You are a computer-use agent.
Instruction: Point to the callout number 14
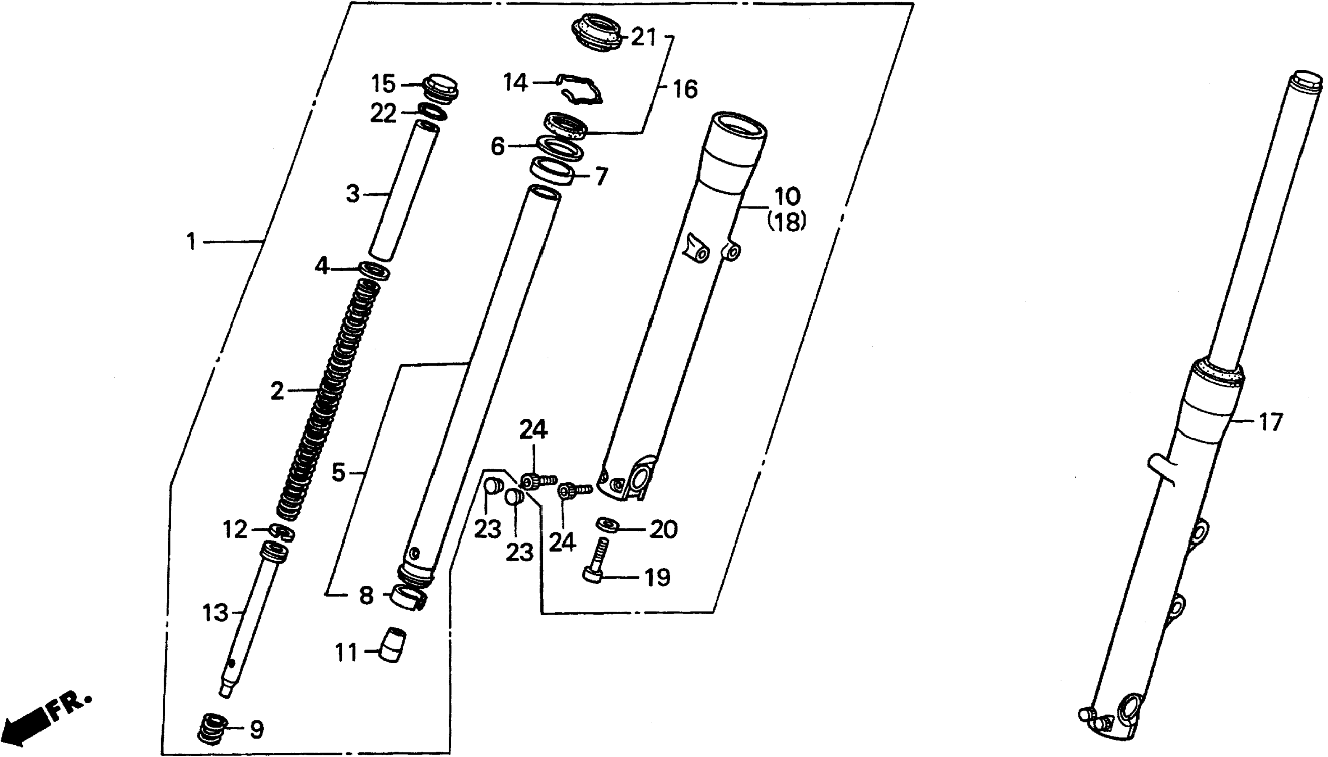pyautogui.click(x=516, y=83)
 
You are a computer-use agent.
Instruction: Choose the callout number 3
pyautogui.click(x=353, y=194)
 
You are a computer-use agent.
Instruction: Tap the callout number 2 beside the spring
pyautogui.click(x=278, y=390)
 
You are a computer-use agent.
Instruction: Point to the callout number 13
pyautogui.click(x=216, y=614)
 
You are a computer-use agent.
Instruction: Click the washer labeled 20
pyautogui.click(x=606, y=524)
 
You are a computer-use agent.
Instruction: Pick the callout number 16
pyautogui.click(x=685, y=90)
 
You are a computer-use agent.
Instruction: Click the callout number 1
pyautogui.click(x=192, y=242)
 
